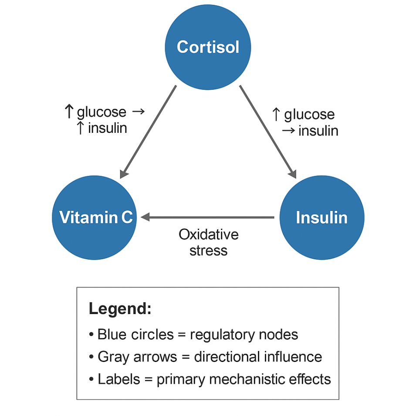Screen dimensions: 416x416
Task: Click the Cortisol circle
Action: pos(208,47)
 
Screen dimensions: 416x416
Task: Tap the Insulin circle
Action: pos(321,217)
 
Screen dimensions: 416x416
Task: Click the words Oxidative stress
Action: pos(209,242)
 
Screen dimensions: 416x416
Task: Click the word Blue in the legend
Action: pos(111,335)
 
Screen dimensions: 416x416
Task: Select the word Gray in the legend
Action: pos(112,357)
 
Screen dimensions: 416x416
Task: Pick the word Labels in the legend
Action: pos(118,379)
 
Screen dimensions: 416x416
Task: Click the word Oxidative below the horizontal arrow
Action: pos(209,234)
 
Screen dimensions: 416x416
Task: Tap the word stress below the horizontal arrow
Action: pos(209,250)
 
